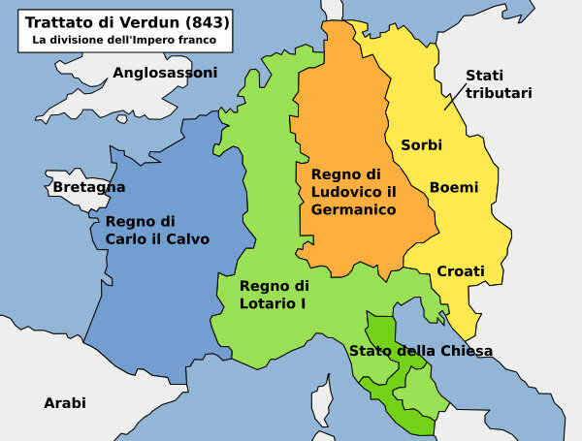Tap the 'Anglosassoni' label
(x=165, y=73)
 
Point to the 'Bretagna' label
(x=89, y=187)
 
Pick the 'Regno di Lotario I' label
(x=274, y=295)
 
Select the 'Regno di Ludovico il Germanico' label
(x=353, y=191)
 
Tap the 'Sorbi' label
(x=421, y=144)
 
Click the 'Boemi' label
(x=453, y=187)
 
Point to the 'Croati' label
(x=460, y=271)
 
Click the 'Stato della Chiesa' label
(x=421, y=351)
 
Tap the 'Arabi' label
(x=65, y=402)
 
